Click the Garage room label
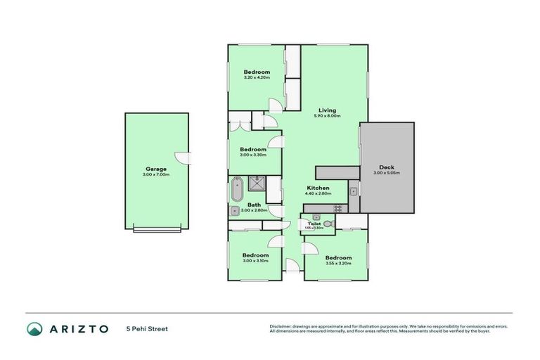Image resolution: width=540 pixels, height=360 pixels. [x=155, y=169]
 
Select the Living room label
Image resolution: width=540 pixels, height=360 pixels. [x=327, y=110]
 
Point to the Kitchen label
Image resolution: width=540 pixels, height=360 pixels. [x=318, y=188]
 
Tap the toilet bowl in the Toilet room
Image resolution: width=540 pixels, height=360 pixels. [x=326, y=219]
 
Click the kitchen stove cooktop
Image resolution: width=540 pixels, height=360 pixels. [x=337, y=208]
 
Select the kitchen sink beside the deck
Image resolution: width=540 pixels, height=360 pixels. [x=354, y=192]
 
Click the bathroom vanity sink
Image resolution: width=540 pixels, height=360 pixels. [x=234, y=210]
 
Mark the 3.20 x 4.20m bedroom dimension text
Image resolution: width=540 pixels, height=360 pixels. [x=257, y=79]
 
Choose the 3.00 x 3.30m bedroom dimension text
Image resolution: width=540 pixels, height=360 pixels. [x=252, y=155]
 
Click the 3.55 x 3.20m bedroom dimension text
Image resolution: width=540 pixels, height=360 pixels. [x=339, y=264]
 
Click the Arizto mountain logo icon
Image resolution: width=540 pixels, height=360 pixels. [x=34, y=328]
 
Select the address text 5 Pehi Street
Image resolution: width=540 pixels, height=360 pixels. [x=147, y=328]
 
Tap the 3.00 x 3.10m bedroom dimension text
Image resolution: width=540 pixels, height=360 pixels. [x=256, y=261]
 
